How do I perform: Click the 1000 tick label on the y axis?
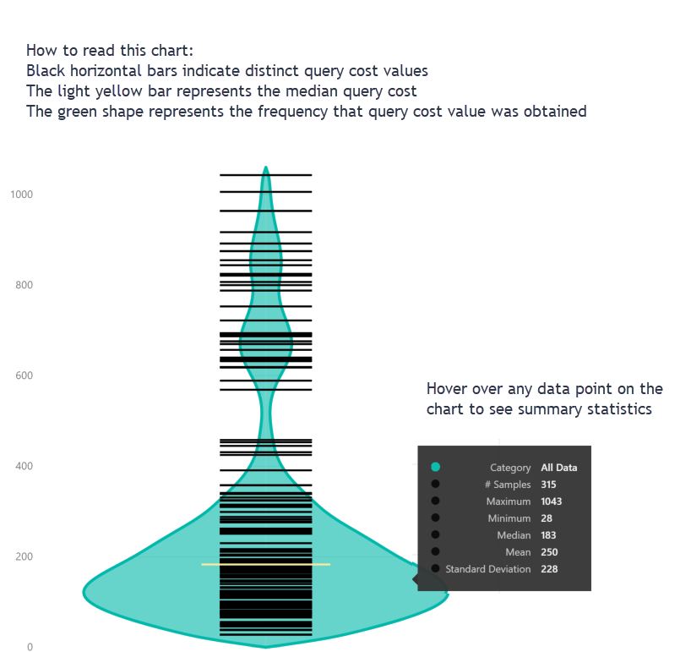click(x=21, y=195)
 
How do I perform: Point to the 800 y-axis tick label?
click(x=24, y=285)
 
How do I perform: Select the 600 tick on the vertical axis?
click(x=24, y=375)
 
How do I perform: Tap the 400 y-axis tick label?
click(x=24, y=466)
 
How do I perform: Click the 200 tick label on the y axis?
click(x=24, y=556)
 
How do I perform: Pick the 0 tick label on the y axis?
click(x=29, y=647)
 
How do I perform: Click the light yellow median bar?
click(x=265, y=564)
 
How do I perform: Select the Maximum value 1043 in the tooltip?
click(x=552, y=501)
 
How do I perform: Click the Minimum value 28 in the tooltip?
click(x=547, y=518)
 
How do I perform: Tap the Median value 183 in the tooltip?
click(x=549, y=535)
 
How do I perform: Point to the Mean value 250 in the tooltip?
click(x=549, y=552)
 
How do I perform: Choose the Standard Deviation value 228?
click(x=549, y=569)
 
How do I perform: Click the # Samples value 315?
click(x=549, y=485)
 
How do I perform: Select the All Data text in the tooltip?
click(x=559, y=468)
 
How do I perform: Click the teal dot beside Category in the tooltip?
click(x=435, y=468)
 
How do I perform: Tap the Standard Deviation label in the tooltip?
click(x=488, y=569)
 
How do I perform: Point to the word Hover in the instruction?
click(x=446, y=389)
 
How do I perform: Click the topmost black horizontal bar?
click(x=266, y=175)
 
